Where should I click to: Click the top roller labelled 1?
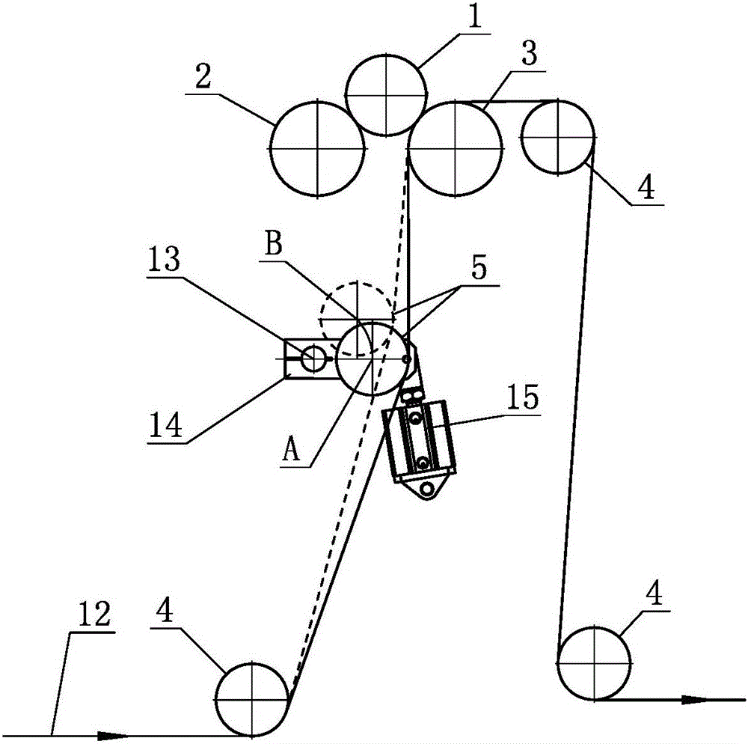tap(386, 94)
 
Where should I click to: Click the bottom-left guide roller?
tap(254, 698)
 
